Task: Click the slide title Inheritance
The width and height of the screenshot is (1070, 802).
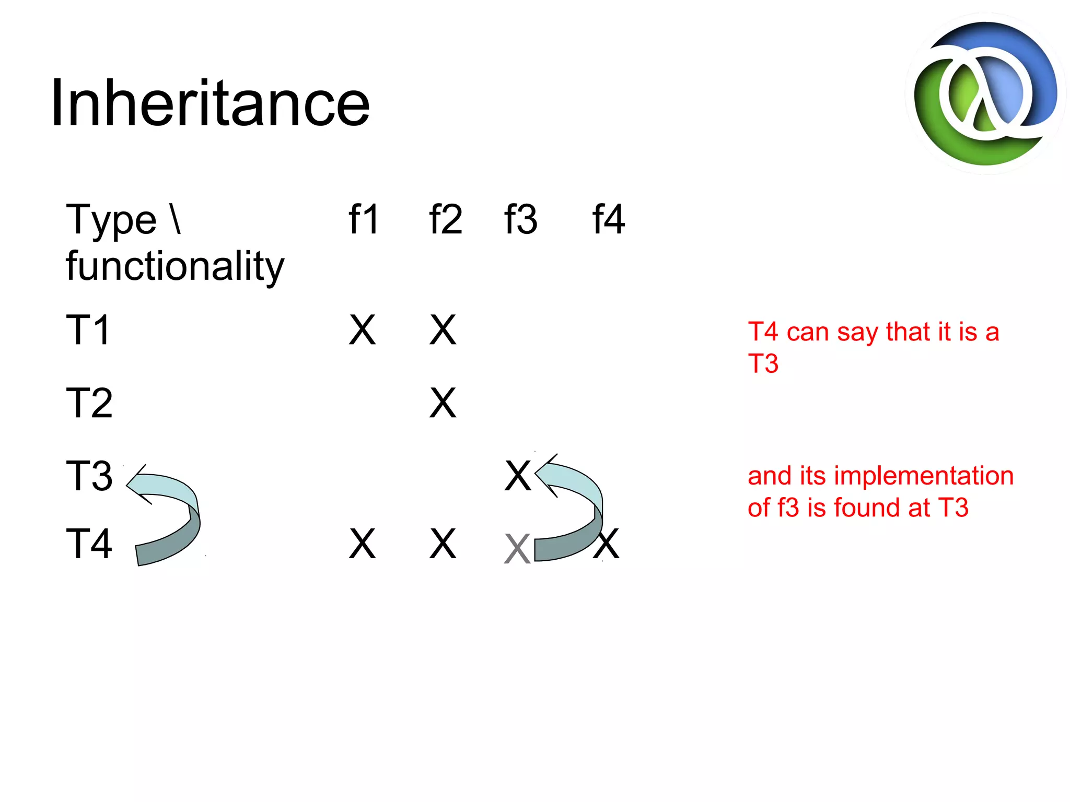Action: coord(210,103)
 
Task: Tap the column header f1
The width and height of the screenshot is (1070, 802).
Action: coord(364,219)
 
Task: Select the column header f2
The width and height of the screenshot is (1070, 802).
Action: coord(445,219)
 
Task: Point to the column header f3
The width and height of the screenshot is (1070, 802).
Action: coord(520,219)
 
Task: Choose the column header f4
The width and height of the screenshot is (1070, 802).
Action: coord(608,219)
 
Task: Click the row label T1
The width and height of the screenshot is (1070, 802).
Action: coord(88,330)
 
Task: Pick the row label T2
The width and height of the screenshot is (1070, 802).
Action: coord(89,403)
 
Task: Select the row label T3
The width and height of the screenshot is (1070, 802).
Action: coord(89,476)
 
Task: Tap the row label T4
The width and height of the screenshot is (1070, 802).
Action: coord(89,544)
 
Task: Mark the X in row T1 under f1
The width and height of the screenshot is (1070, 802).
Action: coord(362,330)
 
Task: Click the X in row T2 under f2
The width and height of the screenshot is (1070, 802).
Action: coord(443,403)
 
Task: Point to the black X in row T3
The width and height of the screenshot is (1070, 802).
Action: coord(517,476)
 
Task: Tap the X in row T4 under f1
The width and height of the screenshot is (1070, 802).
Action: coord(362,544)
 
